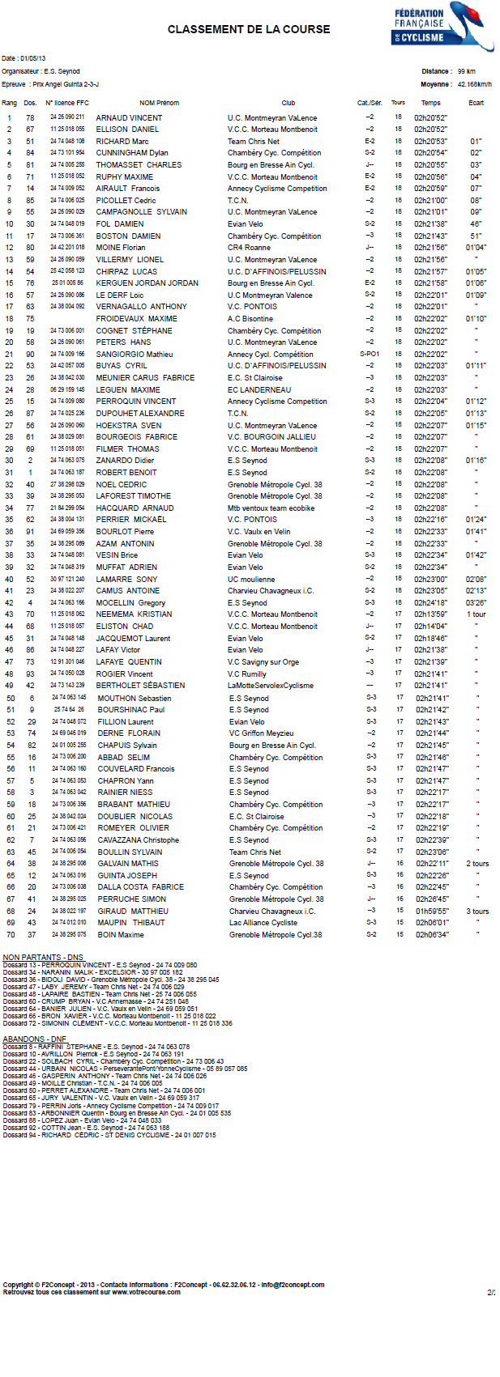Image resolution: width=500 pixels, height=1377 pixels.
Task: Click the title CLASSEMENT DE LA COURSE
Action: tap(249, 29)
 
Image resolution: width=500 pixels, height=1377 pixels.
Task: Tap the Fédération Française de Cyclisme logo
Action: tap(430, 27)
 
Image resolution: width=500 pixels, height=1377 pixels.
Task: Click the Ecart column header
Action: tap(476, 103)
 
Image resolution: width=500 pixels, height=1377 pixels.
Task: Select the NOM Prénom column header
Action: tap(159, 103)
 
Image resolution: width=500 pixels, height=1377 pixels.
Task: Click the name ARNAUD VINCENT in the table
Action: tap(129, 118)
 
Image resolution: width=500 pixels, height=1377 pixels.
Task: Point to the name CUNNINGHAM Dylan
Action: tap(132, 153)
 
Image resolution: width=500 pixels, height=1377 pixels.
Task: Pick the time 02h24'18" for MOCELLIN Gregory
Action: tap(430, 603)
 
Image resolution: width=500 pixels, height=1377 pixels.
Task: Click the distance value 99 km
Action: tap(466, 71)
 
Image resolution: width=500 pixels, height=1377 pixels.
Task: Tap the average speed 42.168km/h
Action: tap(474, 84)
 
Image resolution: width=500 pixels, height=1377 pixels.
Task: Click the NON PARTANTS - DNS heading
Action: tap(43, 958)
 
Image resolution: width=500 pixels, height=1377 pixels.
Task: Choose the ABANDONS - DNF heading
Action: tap(35, 1039)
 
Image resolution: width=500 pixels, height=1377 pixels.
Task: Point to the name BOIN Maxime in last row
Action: tap(120, 935)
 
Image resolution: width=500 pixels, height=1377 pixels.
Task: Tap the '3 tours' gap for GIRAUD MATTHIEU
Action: tap(477, 912)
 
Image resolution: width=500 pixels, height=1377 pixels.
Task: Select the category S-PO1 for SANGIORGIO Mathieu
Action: tap(370, 355)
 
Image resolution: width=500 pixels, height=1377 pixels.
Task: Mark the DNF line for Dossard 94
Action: tap(109, 1135)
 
